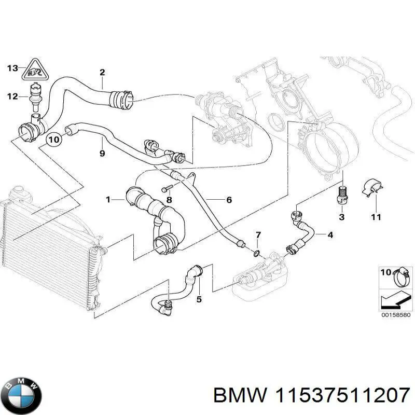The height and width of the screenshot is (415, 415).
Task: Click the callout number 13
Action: tap(12, 68)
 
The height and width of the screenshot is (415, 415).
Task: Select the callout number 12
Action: tap(12, 96)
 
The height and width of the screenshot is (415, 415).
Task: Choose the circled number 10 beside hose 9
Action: tap(54, 139)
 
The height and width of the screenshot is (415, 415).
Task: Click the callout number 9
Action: tap(102, 153)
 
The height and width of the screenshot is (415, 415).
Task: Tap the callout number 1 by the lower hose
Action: tap(108, 199)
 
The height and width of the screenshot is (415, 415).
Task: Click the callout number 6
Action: tap(229, 200)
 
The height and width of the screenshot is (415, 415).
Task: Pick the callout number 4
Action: tap(330, 234)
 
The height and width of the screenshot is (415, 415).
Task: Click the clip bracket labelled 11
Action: tap(372, 188)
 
